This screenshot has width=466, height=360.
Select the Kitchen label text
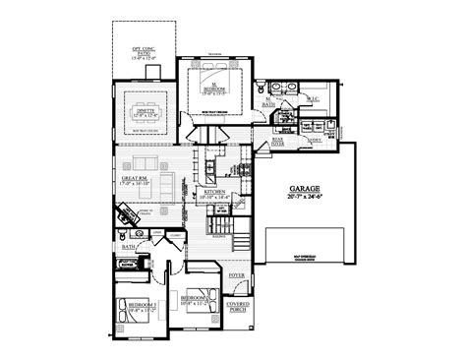[219, 192]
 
